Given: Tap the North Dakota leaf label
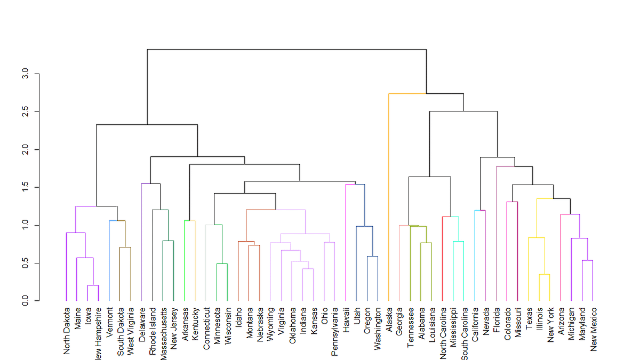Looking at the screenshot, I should pyautogui.click(x=67, y=331).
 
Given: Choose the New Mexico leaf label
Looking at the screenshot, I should pyautogui.click(x=593, y=329).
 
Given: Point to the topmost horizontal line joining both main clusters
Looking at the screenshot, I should pyautogui.click(x=286, y=49).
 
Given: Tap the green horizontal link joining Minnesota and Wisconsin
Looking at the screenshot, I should pyautogui.click(x=222, y=263).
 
